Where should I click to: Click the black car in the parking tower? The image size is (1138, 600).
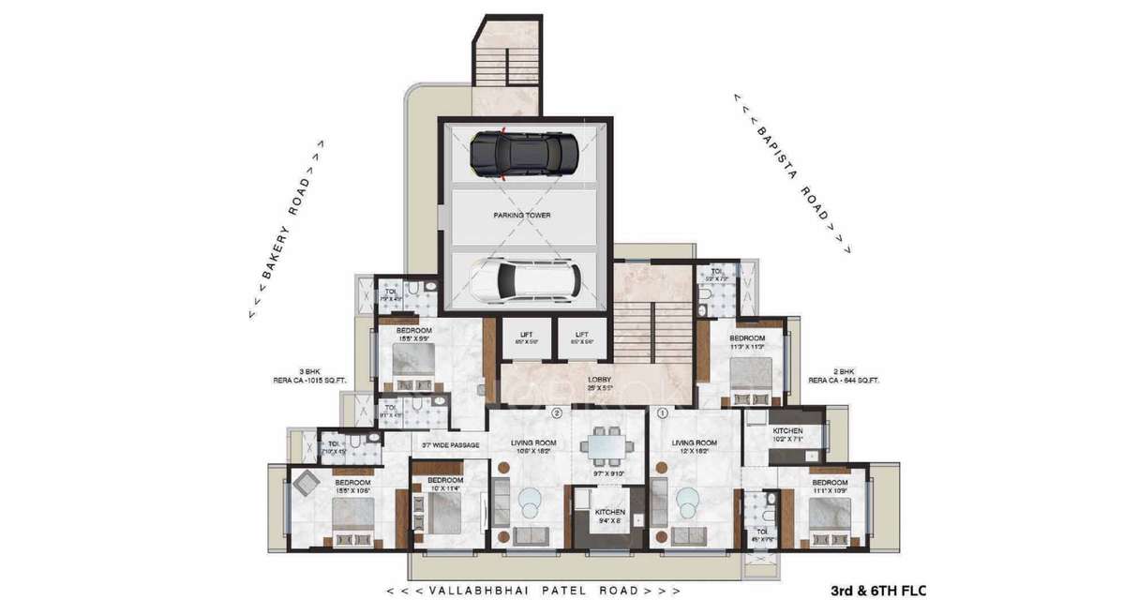click(x=524, y=154)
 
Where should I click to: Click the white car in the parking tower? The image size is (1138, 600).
click(x=524, y=278)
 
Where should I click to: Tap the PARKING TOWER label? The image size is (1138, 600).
click(x=522, y=216)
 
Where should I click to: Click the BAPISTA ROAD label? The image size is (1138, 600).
click(x=791, y=173)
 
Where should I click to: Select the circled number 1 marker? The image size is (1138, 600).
click(x=662, y=412)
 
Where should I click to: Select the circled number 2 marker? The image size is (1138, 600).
click(x=556, y=412)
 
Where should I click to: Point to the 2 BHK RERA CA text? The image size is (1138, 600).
click(x=843, y=376)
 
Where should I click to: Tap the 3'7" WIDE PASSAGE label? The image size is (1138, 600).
click(x=450, y=444)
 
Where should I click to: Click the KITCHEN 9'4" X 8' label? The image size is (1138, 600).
click(x=609, y=517)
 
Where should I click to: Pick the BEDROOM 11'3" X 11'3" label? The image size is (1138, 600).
click(x=747, y=342)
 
